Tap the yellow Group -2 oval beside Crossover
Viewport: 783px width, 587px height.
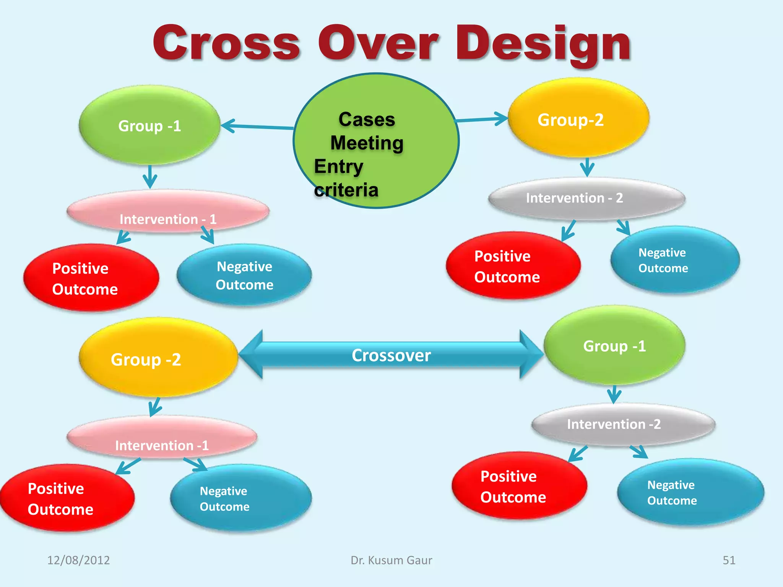pos(158,358)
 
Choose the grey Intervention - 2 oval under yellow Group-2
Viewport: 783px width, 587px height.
pos(586,199)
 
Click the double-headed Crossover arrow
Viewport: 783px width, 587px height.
pos(391,355)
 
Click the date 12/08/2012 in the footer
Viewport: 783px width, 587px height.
pos(78,560)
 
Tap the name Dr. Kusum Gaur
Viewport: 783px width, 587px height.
pos(391,560)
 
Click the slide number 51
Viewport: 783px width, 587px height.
pos(729,560)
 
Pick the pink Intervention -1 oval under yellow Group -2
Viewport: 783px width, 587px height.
pos(162,437)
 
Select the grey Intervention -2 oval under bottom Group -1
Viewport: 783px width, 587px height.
pos(623,424)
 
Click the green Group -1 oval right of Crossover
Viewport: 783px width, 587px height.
pos(614,345)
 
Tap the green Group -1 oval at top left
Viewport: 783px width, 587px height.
pos(149,125)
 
